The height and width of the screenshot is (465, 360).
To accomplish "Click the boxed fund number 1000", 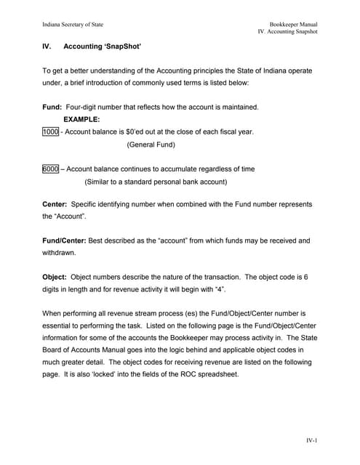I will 50,132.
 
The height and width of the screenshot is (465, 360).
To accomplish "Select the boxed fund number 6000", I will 50,169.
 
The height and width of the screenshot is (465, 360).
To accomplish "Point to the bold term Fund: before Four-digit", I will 52,107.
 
